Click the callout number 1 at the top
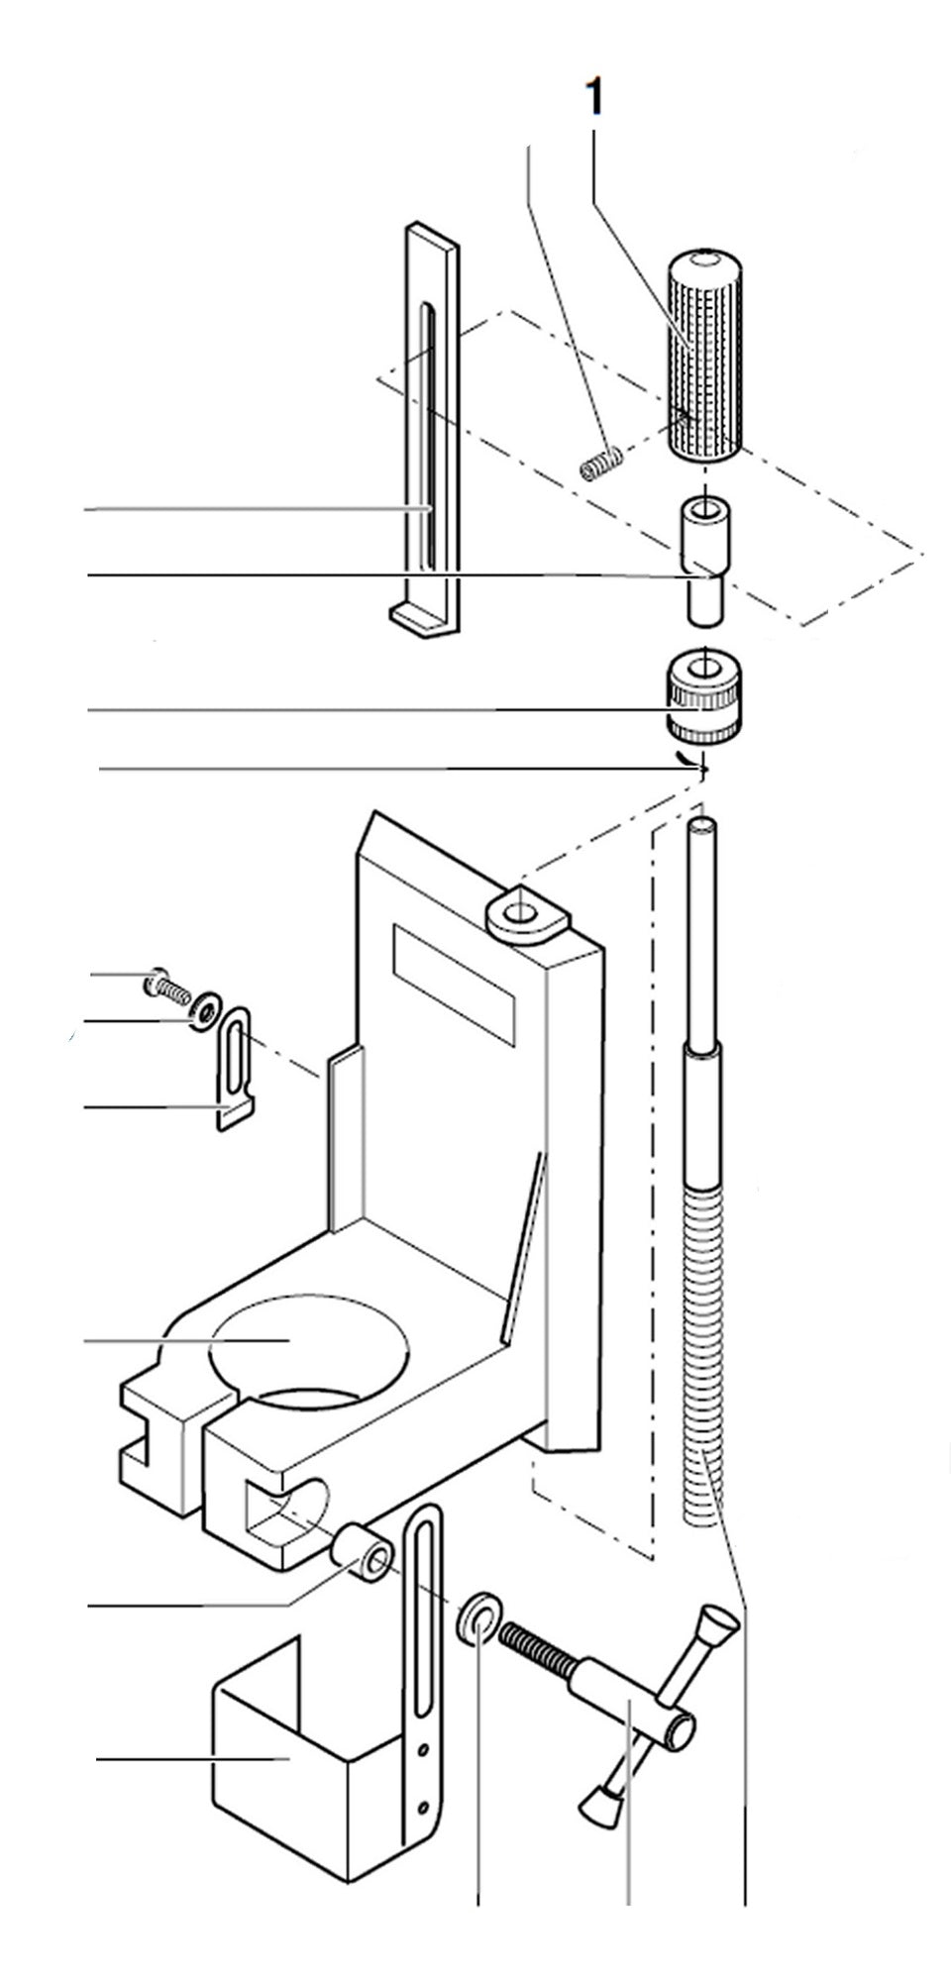[594, 99]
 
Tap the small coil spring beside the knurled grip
[601, 462]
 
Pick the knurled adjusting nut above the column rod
[703, 698]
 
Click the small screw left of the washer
[165, 987]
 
